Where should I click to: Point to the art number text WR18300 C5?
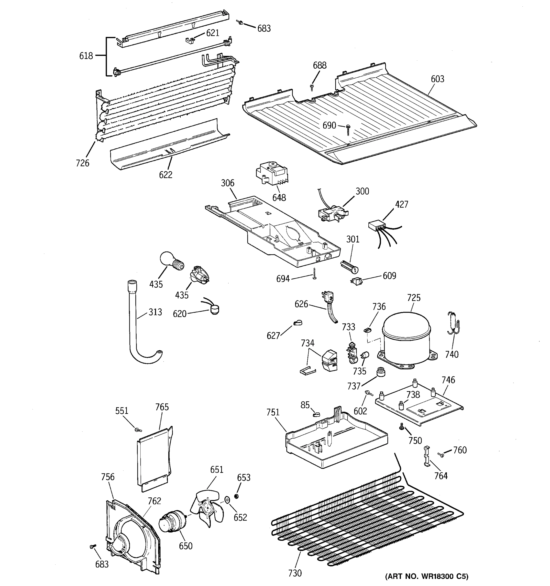pos(427,576)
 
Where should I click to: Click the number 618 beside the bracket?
pos(86,56)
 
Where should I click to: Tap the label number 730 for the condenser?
pos(295,573)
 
